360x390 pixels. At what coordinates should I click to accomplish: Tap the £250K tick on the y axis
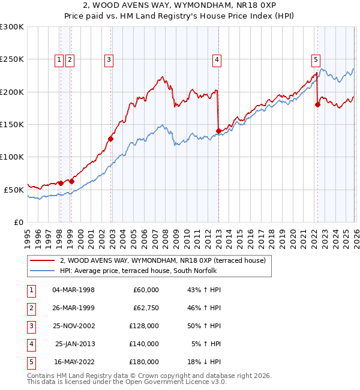pos(12,59)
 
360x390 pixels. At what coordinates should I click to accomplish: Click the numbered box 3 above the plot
pos(109,59)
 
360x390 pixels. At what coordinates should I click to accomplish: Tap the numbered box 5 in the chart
pos(316,59)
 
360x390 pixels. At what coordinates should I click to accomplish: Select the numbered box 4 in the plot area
pos(215,59)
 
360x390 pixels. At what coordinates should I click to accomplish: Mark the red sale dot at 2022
pos(317,105)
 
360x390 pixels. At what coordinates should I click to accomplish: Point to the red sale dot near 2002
pos(111,139)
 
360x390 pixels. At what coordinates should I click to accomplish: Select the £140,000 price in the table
pos(144,344)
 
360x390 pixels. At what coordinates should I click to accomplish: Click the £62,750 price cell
pos(144,308)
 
